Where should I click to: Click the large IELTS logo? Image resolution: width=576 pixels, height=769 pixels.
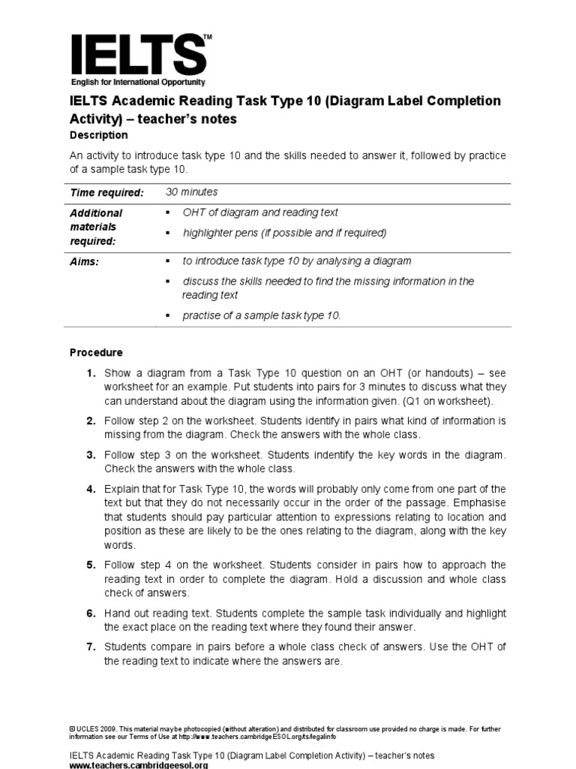(x=138, y=54)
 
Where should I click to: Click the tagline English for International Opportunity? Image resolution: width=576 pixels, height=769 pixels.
(x=138, y=82)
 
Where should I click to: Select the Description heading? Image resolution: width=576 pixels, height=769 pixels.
(x=98, y=135)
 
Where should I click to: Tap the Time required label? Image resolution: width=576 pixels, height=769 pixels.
(x=106, y=193)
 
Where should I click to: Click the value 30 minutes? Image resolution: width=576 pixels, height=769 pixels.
(x=192, y=192)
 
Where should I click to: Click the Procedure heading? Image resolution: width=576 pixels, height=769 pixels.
(x=96, y=352)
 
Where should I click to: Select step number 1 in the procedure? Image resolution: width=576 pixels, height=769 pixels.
(x=90, y=373)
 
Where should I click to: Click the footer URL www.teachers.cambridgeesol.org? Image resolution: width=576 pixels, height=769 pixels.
(x=139, y=764)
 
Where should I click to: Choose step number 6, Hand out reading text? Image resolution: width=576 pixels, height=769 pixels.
(x=90, y=614)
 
